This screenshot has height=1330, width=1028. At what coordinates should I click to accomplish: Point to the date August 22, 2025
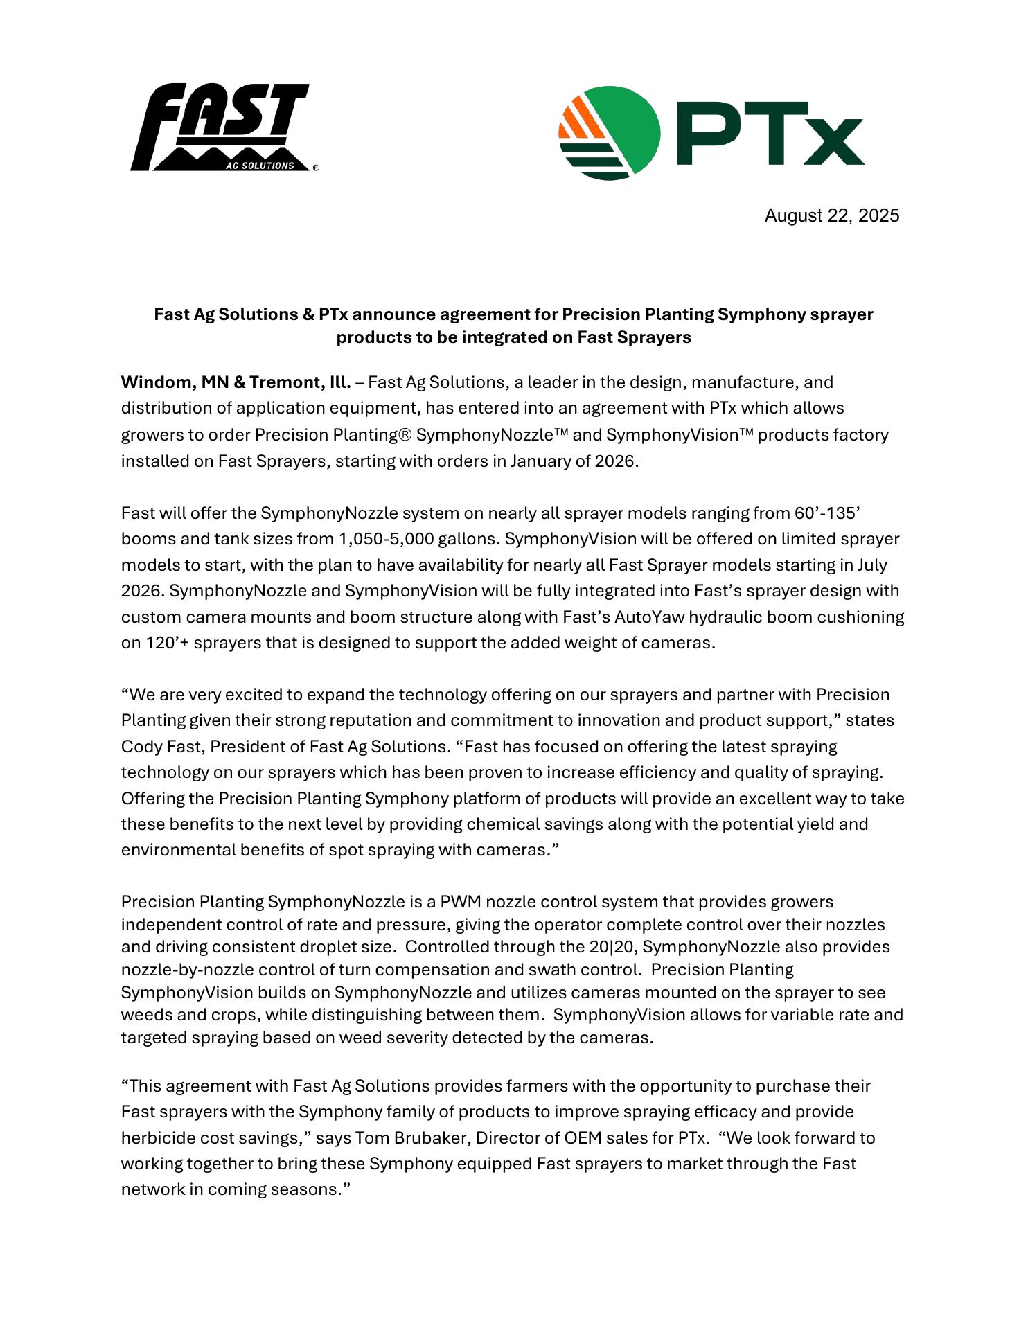[x=831, y=216]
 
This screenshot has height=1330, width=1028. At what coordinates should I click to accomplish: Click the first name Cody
[x=139, y=747]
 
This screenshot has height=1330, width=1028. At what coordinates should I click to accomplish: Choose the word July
[x=871, y=565]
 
